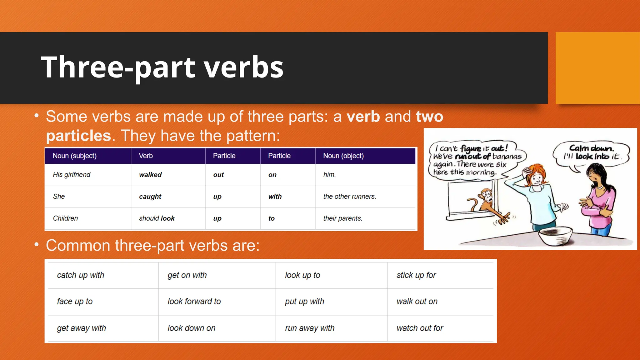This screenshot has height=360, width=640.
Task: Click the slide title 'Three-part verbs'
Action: (162, 67)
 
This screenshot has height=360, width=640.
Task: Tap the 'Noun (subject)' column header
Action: (74, 156)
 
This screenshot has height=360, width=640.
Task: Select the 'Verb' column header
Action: (146, 156)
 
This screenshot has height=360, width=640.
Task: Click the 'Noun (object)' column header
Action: (343, 156)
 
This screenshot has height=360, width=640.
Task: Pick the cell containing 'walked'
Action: (150, 175)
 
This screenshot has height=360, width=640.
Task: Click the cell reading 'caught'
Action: (150, 197)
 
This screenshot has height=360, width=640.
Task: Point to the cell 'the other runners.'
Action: (349, 197)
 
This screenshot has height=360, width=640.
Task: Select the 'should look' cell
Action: (157, 218)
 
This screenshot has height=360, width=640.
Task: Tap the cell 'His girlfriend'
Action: (72, 175)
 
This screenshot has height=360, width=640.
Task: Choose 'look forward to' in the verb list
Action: (194, 302)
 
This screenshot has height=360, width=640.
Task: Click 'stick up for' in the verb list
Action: (416, 275)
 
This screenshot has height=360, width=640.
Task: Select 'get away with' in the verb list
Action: (81, 328)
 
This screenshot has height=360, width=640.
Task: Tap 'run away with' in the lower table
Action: (309, 328)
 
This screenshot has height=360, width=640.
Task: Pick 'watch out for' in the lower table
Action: (420, 328)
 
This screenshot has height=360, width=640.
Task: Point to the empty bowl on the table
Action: (555, 236)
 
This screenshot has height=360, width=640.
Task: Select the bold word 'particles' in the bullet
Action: (78, 136)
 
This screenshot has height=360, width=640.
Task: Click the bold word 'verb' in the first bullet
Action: (363, 117)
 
